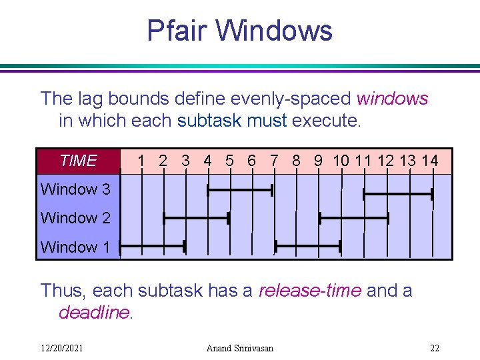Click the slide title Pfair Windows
[239, 31]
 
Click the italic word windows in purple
[393, 99]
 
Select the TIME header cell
[78, 161]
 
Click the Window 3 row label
[75, 189]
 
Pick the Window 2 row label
[75, 218]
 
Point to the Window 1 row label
[75, 247]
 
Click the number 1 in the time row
[141, 161]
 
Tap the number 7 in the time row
[274, 161]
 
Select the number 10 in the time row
[341, 161]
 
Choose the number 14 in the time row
[430, 161]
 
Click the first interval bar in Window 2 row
[196, 218]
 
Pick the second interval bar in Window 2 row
[353, 218]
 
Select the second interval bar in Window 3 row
[398, 194]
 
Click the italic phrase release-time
[309, 291]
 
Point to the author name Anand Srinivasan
[240, 349]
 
